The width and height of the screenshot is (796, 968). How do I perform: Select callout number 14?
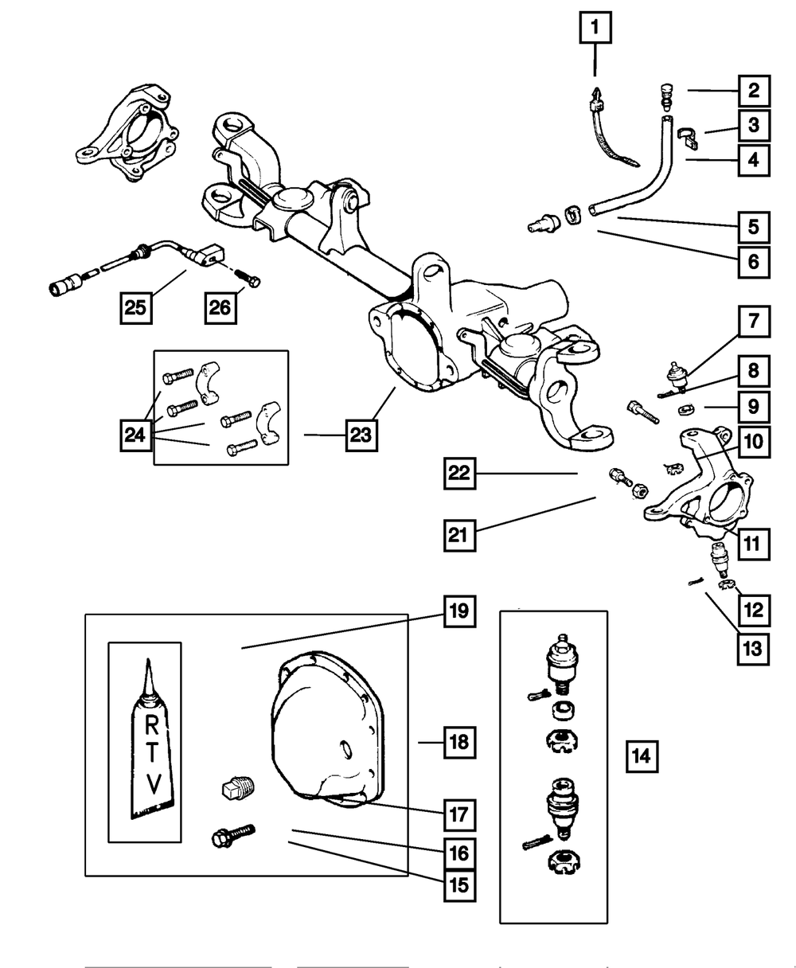coord(641,755)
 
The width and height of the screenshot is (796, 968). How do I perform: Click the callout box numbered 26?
coord(221,306)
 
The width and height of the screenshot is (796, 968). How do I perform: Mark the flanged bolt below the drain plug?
coord(232,835)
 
